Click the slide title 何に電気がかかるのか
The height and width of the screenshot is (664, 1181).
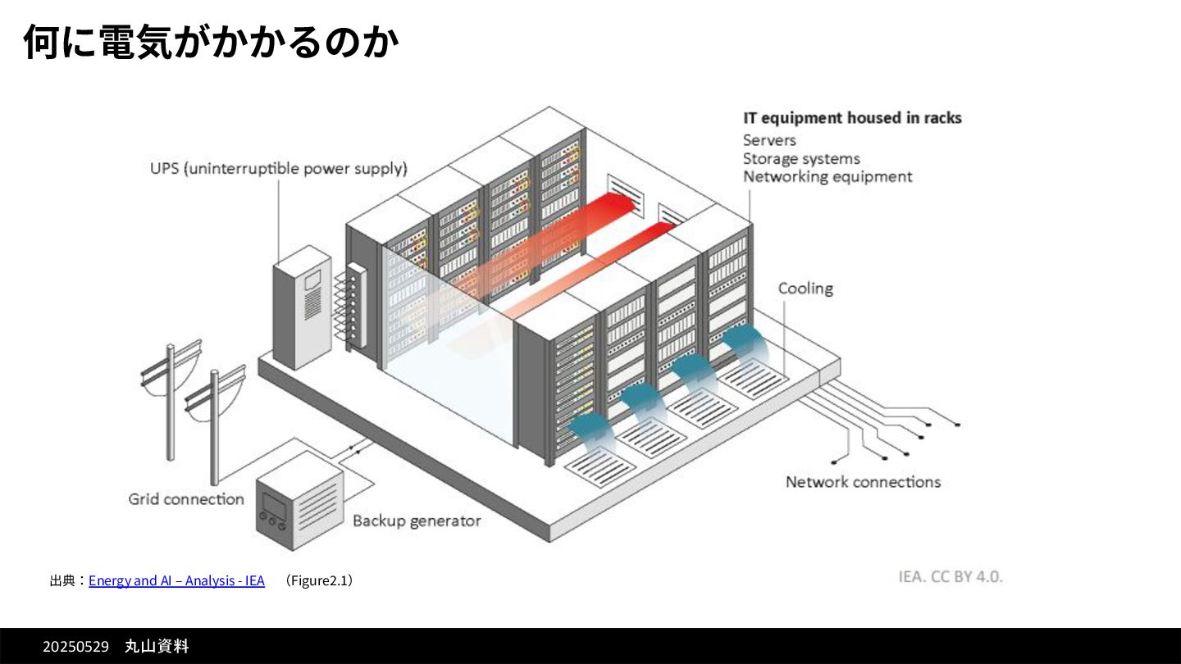coord(211,42)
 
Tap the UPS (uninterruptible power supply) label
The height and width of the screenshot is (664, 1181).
coord(278,169)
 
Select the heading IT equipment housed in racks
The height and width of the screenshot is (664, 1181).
coord(852,118)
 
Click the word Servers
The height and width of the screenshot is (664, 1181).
coord(769,140)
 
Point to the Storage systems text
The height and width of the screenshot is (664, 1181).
coord(801,158)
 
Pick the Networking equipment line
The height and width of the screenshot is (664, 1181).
coord(827,176)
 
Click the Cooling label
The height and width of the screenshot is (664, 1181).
coord(805,289)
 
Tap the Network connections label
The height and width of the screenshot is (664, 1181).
coord(863,482)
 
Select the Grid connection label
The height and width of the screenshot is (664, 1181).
coord(186,499)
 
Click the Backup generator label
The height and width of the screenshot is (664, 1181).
coord(417,521)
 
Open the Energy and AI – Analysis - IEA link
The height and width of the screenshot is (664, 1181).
coord(176,580)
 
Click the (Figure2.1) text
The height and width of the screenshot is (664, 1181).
coord(319,580)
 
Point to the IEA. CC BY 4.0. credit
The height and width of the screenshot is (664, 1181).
coord(951,576)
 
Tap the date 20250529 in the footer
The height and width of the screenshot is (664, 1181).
coord(75,647)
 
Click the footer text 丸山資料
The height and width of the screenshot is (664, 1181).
coord(157,647)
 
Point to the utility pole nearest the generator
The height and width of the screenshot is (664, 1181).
coord(214,426)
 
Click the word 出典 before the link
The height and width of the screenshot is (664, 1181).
coord(62,580)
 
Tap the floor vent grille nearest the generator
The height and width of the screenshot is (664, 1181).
coord(600,468)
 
